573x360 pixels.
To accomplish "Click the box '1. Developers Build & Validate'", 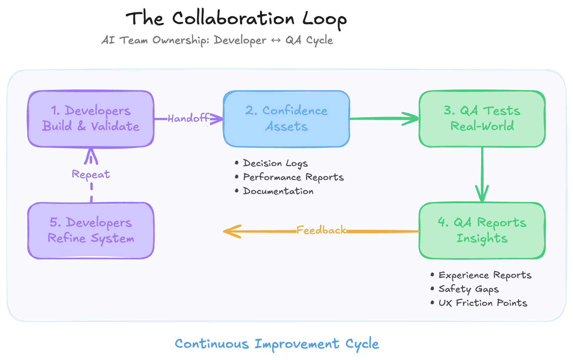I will (x=91, y=119).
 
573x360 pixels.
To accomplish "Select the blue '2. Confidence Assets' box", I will (x=286, y=119).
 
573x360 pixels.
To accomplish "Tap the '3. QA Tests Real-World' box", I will (x=482, y=119).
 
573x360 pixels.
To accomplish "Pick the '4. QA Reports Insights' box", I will (x=482, y=231).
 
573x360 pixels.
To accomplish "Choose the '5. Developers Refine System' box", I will (x=91, y=231).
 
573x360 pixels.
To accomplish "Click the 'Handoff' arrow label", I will (x=188, y=118).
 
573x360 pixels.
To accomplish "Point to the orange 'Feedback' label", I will (x=321, y=230).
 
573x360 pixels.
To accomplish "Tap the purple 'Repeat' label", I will (x=91, y=174).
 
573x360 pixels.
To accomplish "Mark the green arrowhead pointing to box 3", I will (x=412, y=119).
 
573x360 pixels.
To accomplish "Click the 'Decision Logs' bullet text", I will (x=275, y=163).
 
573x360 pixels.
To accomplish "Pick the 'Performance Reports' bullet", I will (x=293, y=177).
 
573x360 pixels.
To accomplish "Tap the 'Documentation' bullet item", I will (x=278, y=191).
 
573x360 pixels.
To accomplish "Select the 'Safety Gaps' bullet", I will (x=468, y=289).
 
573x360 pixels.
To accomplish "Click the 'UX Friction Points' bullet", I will (x=483, y=303).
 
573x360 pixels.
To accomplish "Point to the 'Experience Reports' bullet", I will (x=485, y=275).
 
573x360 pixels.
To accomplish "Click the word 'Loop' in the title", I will (x=324, y=19).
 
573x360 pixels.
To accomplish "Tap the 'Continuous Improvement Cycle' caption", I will (x=277, y=344).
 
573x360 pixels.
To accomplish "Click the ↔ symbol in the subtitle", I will (x=276, y=41).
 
